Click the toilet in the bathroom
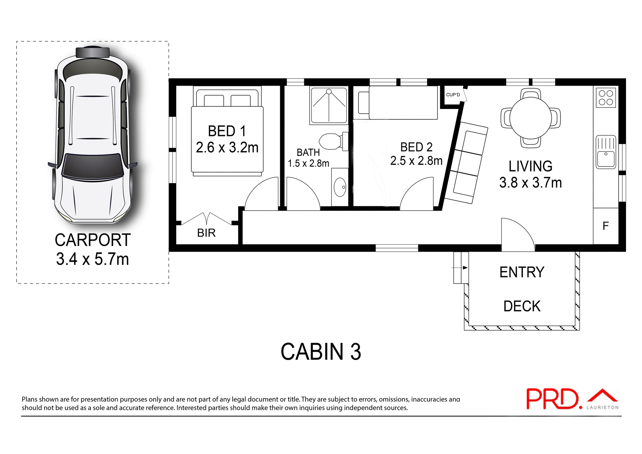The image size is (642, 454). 331,141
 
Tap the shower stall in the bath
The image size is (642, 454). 329,105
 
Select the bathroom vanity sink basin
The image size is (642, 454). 340,187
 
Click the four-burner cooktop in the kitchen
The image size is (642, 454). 606,98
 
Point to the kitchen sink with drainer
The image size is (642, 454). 606,152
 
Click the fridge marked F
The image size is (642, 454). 606,226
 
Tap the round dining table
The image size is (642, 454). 530,118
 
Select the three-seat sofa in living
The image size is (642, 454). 466,163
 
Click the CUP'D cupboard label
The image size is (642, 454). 453,95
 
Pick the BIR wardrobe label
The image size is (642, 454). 206,233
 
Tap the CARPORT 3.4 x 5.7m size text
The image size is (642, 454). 92,259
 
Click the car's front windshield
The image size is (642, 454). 92,166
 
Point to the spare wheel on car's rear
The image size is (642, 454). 93,52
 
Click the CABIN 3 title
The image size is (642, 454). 321,352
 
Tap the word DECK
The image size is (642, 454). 522,306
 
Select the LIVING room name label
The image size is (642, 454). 530,166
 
